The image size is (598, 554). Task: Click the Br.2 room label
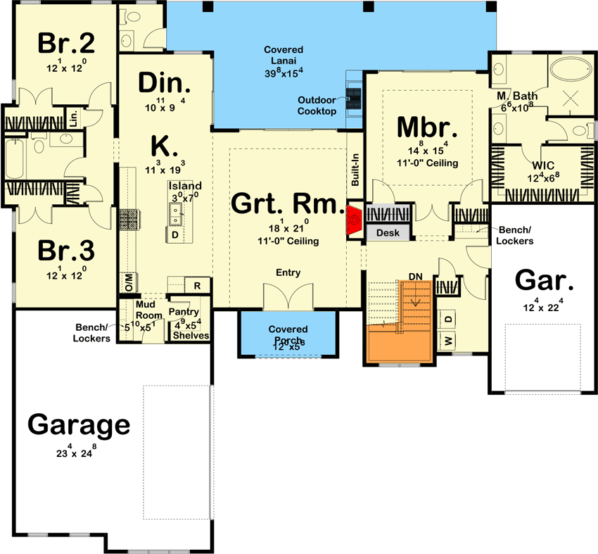pyautogui.click(x=66, y=44)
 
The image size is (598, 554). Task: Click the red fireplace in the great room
pyautogui.click(x=354, y=220)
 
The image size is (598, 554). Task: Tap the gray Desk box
pyautogui.click(x=388, y=232)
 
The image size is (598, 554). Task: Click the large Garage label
pyautogui.click(x=79, y=425)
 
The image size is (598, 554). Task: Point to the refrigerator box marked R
pyautogui.click(x=198, y=285)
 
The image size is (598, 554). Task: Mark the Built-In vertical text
pyautogui.click(x=355, y=171)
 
